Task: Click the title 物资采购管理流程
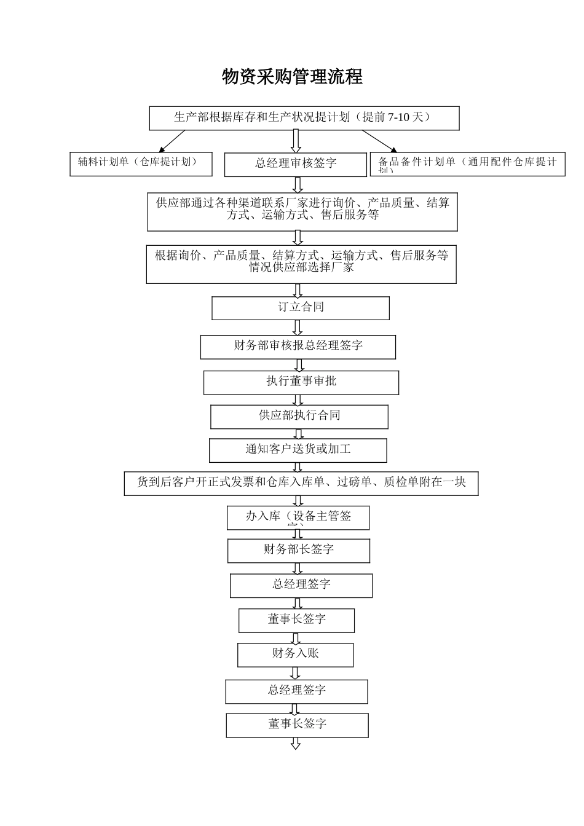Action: point(292,77)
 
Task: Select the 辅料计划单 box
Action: point(141,163)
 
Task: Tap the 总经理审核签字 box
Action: point(296,164)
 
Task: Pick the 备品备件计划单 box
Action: point(467,164)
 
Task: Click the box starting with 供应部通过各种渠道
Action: point(302,211)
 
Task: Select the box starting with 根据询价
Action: point(301,264)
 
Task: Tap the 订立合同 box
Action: point(301,308)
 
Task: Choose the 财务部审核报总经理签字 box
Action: point(298,347)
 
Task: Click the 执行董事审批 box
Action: point(301,382)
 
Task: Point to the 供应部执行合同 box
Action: point(299,417)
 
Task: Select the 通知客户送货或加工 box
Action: point(298,450)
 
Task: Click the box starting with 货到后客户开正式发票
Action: point(301,484)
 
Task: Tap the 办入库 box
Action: point(298,517)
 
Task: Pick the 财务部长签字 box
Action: point(299,551)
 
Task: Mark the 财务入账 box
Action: point(296,655)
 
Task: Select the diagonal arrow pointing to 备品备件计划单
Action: point(379,141)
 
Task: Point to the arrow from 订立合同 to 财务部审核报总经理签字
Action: point(298,328)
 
